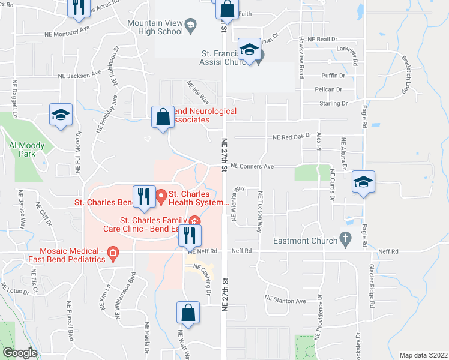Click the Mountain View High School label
coord(155,27)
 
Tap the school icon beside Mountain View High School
coord(190,24)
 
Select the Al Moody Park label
coord(23,149)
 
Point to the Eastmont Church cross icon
coord(345,238)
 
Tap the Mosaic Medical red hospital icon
coord(112,256)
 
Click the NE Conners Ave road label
coord(252,166)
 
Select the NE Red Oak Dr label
coord(292,137)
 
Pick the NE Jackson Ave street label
coord(80,76)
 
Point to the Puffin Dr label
coord(333,76)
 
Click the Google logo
coord(20,353)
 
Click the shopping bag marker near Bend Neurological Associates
coord(163,117)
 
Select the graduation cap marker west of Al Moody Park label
coord(61,116)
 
